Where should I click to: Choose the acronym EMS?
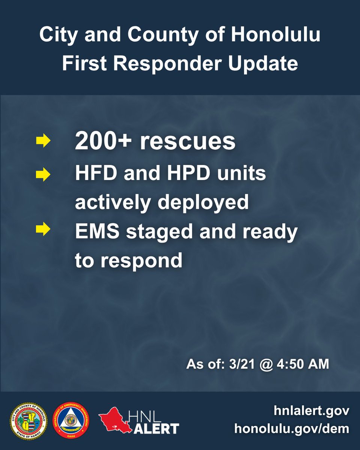pyautogui.click(x=97, y=231)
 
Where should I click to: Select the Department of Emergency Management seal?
pyautogui.click(x=73, y=421)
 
